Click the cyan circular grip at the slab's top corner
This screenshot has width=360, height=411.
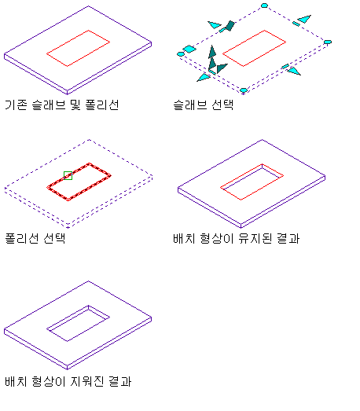point(264,6)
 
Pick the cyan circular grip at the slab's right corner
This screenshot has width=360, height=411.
point(328,42)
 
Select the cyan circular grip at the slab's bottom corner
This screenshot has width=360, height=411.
point(244,90)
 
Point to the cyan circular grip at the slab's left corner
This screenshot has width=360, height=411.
point(181,54)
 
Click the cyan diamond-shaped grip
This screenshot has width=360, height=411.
point(189,49)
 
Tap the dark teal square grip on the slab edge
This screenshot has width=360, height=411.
point(230,26)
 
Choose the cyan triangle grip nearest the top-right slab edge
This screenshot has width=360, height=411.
point(305,19)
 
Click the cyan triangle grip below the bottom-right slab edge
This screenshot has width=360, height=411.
point(294,71)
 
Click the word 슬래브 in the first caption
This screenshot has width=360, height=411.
point(49,105)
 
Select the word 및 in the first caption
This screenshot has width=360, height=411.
point(75,105)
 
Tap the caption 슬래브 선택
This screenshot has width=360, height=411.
point(204,105)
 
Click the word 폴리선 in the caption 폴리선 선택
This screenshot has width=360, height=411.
point(22,238)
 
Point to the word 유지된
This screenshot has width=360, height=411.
point(255,238)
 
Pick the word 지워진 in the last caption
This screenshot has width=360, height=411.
point(87,381)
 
